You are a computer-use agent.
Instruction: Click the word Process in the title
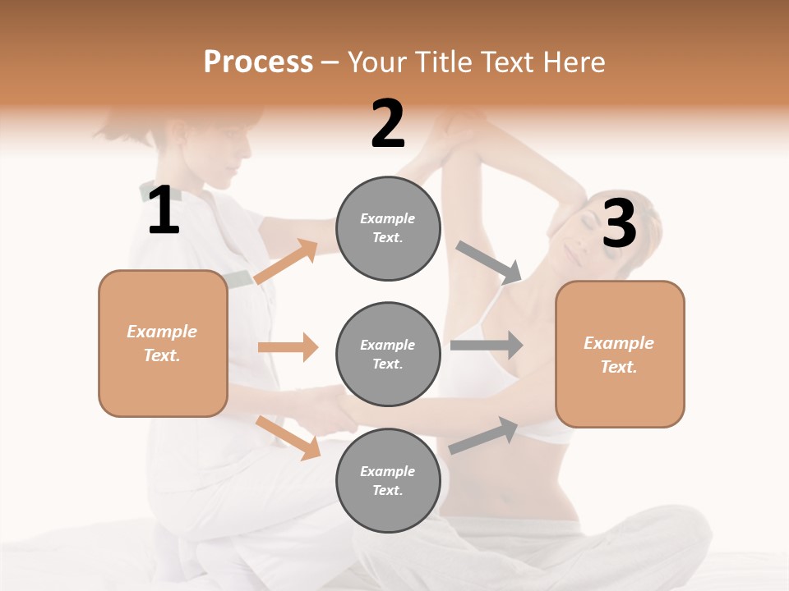click(x=258, y=62)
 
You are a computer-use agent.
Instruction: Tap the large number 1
click(x=164, y=210)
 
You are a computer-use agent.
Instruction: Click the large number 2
click(x=388, y=124)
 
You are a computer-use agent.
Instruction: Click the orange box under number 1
click(x=163, y=343)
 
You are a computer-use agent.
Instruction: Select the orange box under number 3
click(x=620, y=354)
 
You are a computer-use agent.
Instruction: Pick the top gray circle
click(x=388, y=228)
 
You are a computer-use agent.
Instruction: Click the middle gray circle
click(x=388, y=354)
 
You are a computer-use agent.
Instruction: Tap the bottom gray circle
click(x=388, y=480)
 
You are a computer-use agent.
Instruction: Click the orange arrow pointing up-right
click(x=286, y=262)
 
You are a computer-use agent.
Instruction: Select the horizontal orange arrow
click(x=288, y=347)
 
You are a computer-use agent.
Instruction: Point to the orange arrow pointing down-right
click(x=288, y=438)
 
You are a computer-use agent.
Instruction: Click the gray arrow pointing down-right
click(x=490, y=263)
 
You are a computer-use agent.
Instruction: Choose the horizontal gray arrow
click(x=487, y=345)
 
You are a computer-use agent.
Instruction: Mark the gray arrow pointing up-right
click(x=483, y=436)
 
